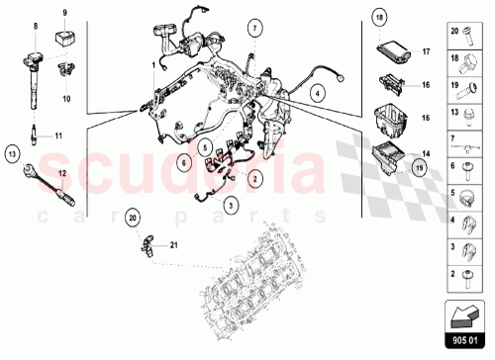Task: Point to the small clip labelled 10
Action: coord(66,71)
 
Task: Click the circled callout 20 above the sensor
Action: coord(133,216)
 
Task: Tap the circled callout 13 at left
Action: coord(12,153)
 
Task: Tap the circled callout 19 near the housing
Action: coord(419,167)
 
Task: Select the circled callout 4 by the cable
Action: coord(317,94)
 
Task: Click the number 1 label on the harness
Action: coord(152,64)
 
